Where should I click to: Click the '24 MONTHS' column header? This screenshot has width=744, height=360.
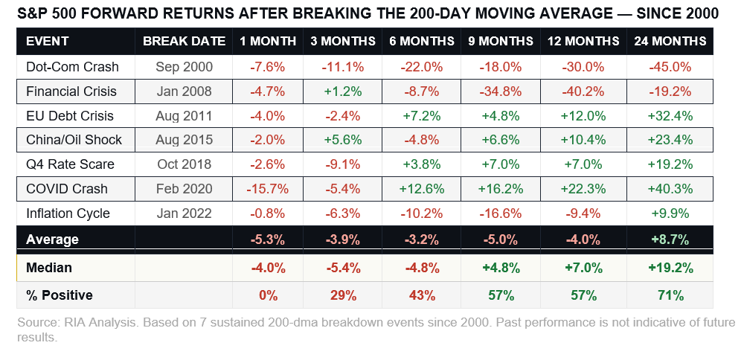670,41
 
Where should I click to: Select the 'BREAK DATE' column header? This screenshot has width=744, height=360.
184,41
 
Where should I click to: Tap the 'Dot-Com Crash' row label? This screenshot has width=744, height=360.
72,67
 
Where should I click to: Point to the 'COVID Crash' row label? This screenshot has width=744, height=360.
67,189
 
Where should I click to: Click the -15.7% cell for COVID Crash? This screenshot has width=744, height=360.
268,189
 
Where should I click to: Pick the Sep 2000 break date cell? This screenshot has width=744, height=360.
184,67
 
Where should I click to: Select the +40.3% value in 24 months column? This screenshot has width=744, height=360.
670,189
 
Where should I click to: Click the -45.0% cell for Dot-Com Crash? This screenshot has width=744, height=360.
670,67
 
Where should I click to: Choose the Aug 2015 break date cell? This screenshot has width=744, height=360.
184,140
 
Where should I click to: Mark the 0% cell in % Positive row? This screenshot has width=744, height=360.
268,295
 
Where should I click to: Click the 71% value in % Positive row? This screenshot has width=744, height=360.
670,295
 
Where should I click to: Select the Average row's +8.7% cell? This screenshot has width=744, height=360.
670,240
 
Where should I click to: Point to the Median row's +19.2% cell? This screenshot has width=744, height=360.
670,267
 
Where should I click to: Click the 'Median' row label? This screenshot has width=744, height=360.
49,267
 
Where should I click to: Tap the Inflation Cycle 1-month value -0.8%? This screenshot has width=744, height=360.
268,213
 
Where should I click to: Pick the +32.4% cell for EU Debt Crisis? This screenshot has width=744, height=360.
670,116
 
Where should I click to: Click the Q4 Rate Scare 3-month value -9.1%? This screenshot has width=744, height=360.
342,164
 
